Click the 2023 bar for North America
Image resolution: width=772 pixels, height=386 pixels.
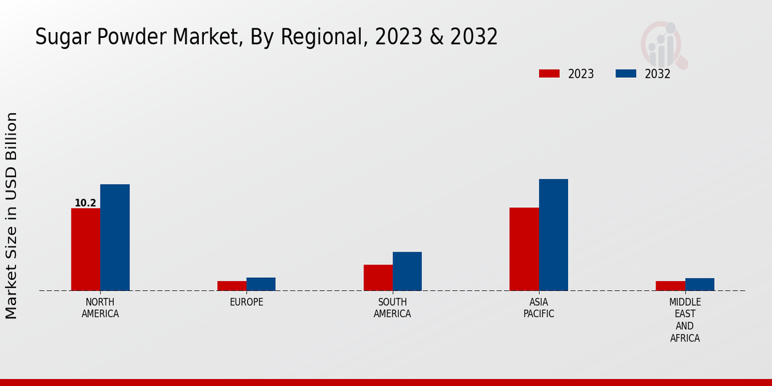86,249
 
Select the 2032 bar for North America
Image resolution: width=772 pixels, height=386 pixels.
115,237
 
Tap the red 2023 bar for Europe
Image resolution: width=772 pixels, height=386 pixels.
232,286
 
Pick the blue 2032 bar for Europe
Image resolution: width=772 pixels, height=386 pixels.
261,284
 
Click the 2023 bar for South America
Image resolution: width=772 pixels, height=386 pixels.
378,277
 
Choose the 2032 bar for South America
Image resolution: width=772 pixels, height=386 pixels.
407,271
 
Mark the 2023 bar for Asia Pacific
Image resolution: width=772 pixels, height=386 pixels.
524,249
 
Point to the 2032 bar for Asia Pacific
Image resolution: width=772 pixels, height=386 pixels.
553,235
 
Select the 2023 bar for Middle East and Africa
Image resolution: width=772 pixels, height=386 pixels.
670,286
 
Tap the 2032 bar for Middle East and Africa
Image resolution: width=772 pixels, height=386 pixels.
699,284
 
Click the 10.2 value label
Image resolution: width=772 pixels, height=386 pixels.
86,203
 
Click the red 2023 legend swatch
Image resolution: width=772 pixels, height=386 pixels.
549,73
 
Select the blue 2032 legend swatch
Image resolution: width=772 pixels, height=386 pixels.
625,73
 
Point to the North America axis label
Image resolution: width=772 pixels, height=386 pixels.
100,308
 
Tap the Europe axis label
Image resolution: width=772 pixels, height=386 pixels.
246,302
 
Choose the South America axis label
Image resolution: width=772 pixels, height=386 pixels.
392,308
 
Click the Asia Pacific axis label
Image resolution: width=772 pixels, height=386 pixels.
538,308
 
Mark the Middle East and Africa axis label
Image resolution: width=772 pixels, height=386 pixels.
685,320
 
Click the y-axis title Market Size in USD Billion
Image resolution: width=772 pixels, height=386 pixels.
12,216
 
